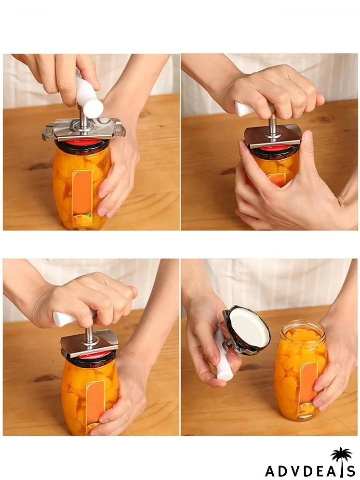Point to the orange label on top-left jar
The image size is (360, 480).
pos(83,197)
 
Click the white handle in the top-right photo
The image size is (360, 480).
pos(244,109)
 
